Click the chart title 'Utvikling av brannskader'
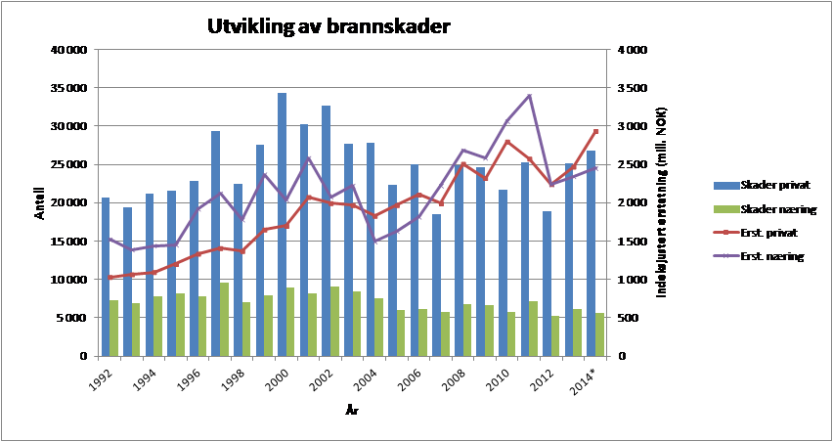coord(329,26)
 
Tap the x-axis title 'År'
coord(351,412)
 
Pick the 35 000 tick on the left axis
coord(68,88)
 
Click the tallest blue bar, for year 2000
coord(282,225)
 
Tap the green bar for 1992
coord(114,329)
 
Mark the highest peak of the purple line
coord(529,96)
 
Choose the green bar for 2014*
coord(599,334)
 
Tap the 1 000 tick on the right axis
coord(626,280)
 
